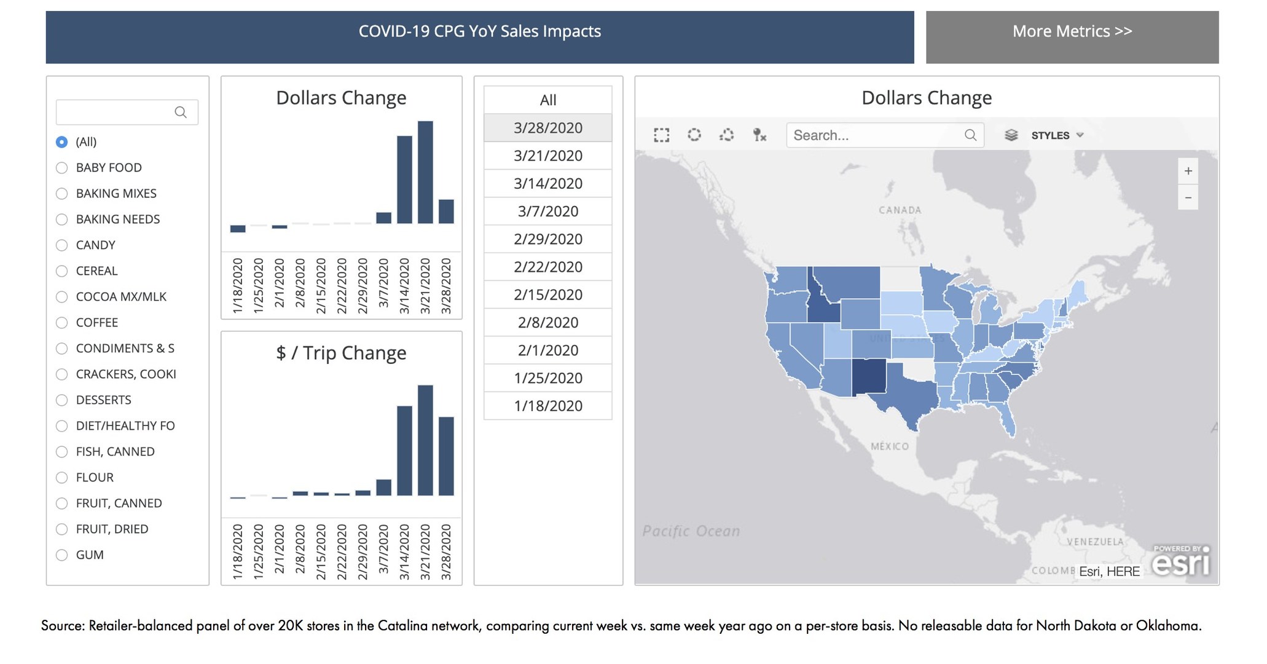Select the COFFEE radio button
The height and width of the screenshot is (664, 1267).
tap(61, 322)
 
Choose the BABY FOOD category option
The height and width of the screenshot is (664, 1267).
tap(61, 167)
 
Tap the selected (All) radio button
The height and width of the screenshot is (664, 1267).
tap(61, 141)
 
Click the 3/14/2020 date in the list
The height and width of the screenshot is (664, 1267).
tap(547, 183)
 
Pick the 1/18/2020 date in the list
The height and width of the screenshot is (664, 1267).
tap(547, 406)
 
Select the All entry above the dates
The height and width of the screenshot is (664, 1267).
tap(547, 100)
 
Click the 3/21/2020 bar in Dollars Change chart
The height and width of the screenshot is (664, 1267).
tap(425, 172)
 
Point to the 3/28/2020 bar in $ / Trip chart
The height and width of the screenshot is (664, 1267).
tap(446, 456)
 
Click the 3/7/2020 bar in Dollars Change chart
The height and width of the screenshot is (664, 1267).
tap(383, 218)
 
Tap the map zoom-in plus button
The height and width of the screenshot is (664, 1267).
tap(1188, 171)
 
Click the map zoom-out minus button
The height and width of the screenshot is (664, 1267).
tap(1188, 197)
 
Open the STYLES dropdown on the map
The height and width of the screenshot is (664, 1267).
tap(1056, 135)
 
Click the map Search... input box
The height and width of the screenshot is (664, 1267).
tap(876, 135)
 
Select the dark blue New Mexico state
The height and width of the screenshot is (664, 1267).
tap(869, 376)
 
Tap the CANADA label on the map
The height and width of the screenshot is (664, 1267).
tap(900, 210)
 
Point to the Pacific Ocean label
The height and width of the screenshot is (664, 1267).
tap(691, 531)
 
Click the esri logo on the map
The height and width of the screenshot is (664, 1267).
tap(1180, 562)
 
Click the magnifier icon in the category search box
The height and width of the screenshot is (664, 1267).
tap(181, 112)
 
